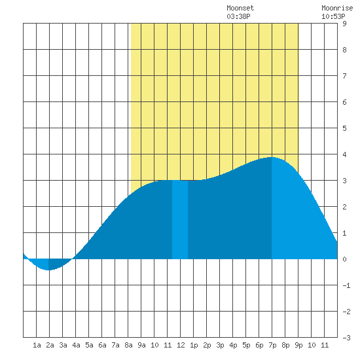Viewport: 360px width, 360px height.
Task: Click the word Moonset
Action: [x=240, y=8]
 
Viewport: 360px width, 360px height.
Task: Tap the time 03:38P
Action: [x=238, y=16]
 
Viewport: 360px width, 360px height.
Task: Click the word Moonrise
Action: [x=337, y=8]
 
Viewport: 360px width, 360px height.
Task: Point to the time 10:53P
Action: [x=333, y=16]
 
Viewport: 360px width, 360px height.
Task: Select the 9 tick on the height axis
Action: [x=344, y=24]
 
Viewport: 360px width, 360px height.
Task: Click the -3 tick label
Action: [x=346, y=338]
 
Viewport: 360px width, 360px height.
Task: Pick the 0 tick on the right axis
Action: [x=344, y=259]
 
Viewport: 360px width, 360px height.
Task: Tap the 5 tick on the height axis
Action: [x=344, y=128]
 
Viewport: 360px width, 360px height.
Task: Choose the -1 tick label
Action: [x=346, y=285]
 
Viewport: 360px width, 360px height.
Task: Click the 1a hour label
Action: [x=37, y=345]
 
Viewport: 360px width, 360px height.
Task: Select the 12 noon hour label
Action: [x=181, y=345]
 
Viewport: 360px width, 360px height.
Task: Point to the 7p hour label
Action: [x=272, y=345]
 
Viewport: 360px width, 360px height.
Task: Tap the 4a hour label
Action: [x=76, y=345]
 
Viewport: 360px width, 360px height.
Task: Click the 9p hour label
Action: [x=298, y=345]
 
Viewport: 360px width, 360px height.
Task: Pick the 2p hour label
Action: [x=207, y=345]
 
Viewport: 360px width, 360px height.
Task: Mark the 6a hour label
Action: [x=102, y=345]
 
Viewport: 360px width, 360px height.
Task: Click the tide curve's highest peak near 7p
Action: [x=272, y=157]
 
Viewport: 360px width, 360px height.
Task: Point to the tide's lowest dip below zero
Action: [x=48, y=270]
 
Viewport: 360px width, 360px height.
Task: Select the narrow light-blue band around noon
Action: [x=180, y=220]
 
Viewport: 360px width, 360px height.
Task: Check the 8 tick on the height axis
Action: [x=344, y=50]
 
